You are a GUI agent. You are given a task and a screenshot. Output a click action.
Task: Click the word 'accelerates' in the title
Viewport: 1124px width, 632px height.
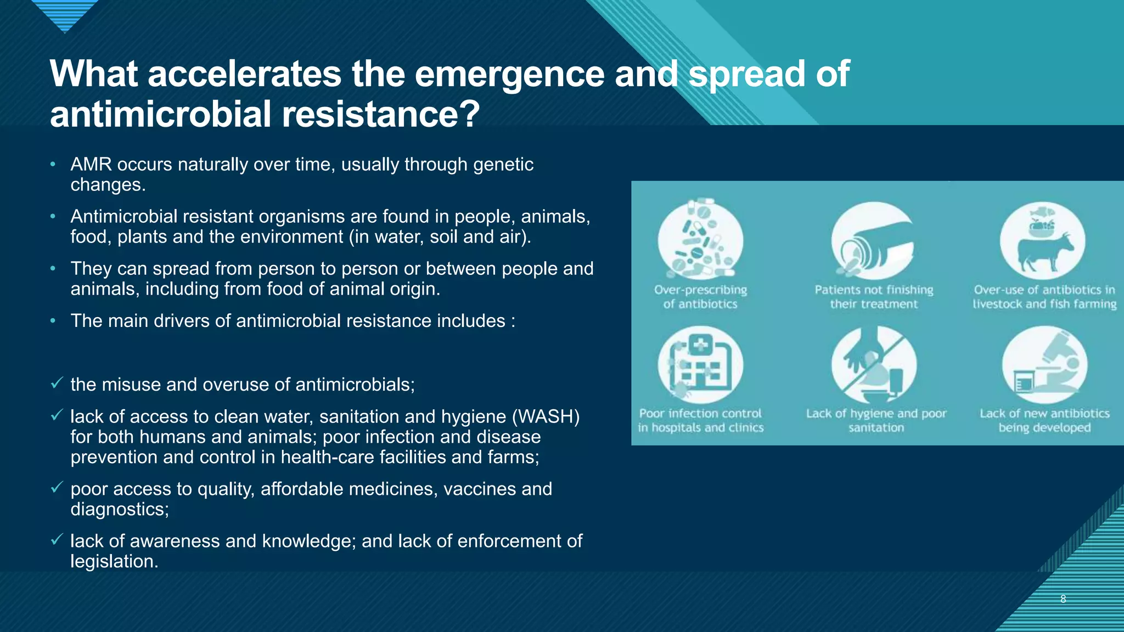pos(244,74)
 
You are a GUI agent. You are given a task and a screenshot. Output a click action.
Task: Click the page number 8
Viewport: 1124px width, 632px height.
pos(1063,599)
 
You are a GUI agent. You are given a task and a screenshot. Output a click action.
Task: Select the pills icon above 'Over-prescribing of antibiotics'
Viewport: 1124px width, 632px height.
pos(700,240)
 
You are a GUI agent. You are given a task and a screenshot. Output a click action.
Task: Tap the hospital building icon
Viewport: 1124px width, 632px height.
pos(700,364)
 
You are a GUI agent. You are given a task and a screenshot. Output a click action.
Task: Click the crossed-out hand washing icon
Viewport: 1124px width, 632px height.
pos(874,365)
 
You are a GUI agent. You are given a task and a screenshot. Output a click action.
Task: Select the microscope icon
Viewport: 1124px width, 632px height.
pos(1044,365)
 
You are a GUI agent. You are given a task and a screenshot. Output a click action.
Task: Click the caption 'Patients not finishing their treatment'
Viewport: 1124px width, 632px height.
pos(874,297)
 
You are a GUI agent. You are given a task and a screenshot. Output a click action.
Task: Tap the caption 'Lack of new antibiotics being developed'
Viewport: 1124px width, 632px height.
pos(1044,420)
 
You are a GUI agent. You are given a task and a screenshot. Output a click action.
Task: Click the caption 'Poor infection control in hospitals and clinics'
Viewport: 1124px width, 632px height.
pos(700,420)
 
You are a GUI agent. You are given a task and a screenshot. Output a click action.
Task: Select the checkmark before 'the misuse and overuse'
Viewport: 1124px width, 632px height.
pos(57,383)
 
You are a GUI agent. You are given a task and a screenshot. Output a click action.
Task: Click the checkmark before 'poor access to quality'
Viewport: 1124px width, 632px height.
pos(57,487)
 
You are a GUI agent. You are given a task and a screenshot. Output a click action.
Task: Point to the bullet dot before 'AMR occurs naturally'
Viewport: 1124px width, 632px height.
pos(53,165)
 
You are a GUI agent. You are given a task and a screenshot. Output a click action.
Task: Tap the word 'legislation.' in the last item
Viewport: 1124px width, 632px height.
pos(114,561)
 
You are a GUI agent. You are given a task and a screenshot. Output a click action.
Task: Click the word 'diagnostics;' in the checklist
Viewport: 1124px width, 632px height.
pos(120,509)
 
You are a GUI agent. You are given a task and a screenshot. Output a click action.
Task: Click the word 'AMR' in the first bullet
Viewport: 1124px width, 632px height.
pos(91,165)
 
